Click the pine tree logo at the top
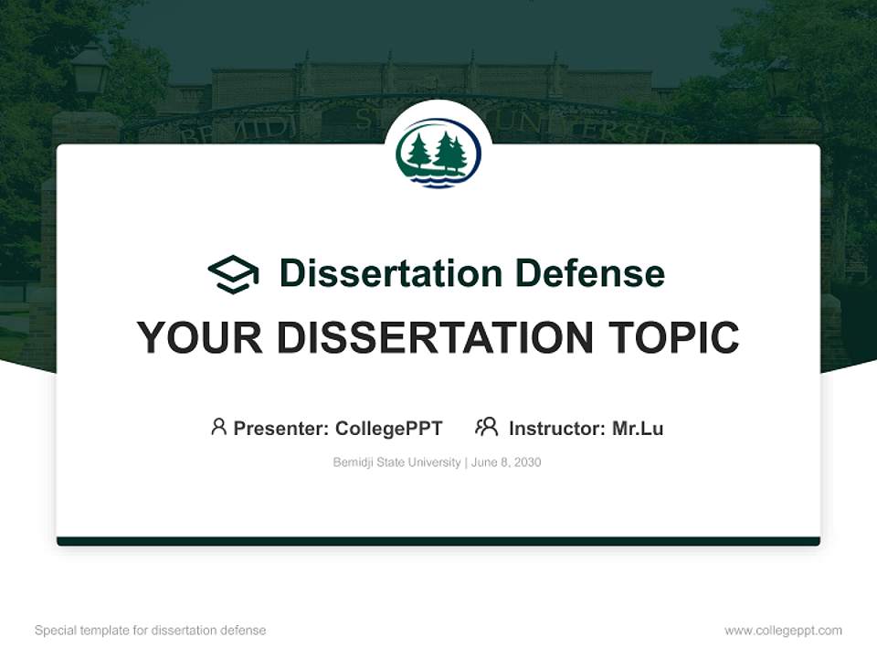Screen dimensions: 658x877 (x=438, y=154)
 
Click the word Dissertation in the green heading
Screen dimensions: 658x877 (x=390, y=273)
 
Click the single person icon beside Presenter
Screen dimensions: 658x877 (x=218, y=427)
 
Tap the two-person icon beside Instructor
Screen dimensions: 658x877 (x=487, y=427)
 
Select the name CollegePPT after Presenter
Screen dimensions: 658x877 (x=389, y=428)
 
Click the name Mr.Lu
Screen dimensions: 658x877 (x=638, y=428)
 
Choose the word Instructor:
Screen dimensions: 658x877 (x=557, y=428)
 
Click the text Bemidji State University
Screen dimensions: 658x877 (x=396, y=462)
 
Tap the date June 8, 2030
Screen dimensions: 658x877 (x=507, y=462)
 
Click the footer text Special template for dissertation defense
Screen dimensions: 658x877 (x=151, y=631)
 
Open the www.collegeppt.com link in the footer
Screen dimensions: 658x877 (x=783, y=631)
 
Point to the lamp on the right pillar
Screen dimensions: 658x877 (x=781, y=78)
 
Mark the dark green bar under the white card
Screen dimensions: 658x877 (x=438, y=541)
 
